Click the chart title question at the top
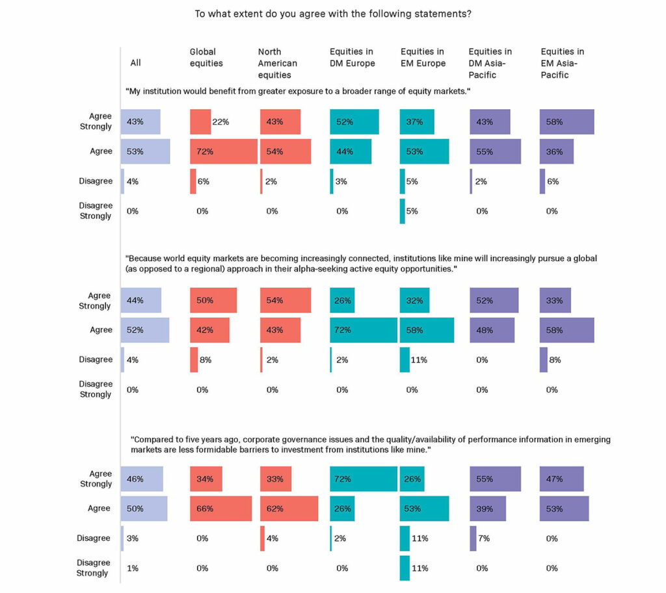point(333,13)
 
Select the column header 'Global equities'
point(206,57)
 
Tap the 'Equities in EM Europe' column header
point(423,57)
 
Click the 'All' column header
point(135,63)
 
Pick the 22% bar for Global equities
point(200,121)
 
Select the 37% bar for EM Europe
point(417,121)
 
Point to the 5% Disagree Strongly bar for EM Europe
point(403,211)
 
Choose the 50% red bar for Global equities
point(213,300)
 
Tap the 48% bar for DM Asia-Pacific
point(492,330)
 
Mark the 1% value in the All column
point(133,568)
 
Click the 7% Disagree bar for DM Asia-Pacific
point(473,538)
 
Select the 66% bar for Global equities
point(221,509)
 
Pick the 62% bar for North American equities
point(289,509)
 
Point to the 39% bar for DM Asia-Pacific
point(488,509)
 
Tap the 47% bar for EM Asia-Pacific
point(561,479)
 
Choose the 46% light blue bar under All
point(142,479)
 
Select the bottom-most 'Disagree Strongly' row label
point(95,568)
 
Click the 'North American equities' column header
point(278,63)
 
